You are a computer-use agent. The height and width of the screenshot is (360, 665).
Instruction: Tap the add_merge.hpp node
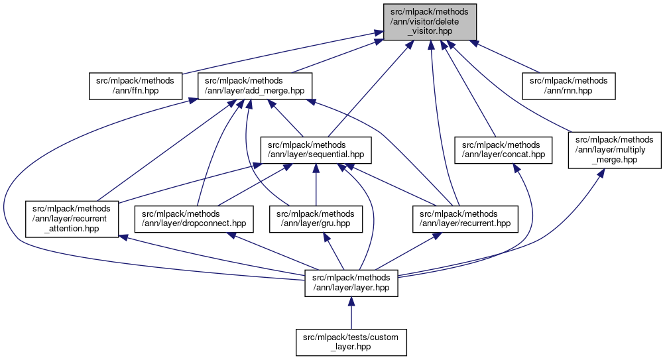[x=255, y=86]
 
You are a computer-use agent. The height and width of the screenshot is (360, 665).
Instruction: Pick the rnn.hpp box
[x=570, y=86]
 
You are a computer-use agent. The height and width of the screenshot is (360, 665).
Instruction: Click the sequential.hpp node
[x=316, y=150]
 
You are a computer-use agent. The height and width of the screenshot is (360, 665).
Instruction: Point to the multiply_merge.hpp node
[x=614, y=150]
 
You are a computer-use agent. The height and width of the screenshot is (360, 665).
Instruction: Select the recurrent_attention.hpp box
[x=72, y=218]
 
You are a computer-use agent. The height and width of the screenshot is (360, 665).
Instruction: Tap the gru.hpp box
[x=316, y=218]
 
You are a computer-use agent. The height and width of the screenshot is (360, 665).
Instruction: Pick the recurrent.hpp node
[x=465, y=218]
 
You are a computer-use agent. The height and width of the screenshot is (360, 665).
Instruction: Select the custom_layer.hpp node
[x=351, y=343]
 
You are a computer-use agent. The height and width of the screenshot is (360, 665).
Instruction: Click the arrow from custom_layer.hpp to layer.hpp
[x=351, y=312]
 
